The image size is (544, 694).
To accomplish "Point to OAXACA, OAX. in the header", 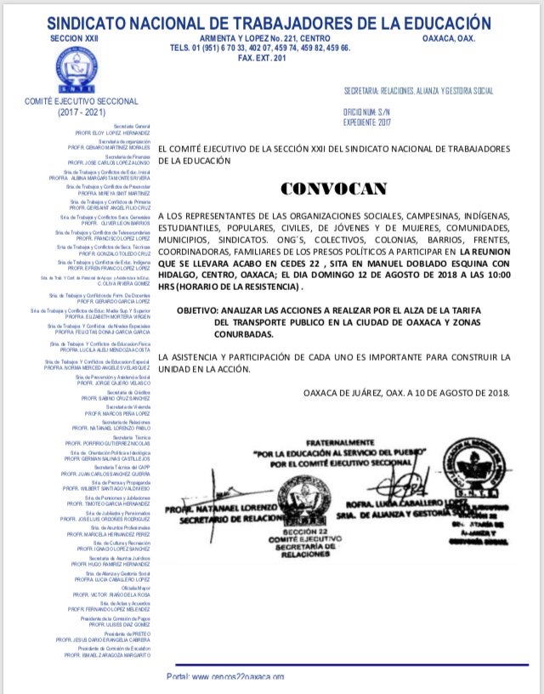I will (448, 38).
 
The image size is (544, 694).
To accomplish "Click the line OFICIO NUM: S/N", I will (364, 111).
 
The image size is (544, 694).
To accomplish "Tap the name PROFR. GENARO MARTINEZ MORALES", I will (110, 146).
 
